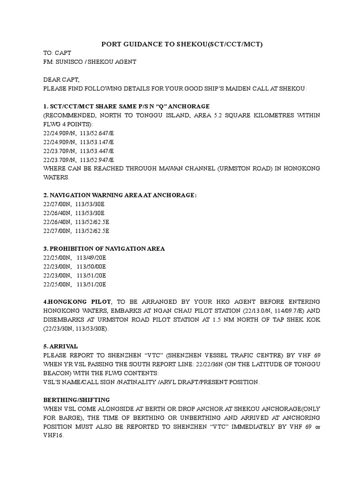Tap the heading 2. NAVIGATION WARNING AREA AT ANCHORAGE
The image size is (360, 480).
point(120,195)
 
